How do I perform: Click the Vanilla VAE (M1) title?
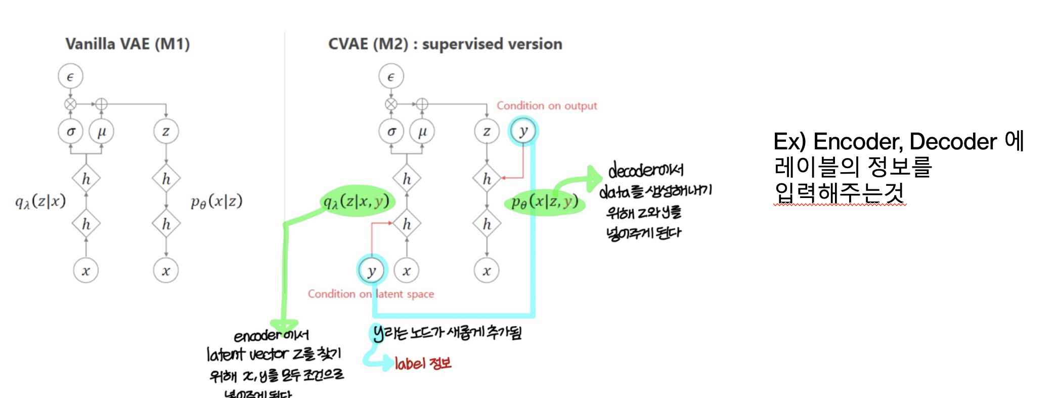pos(127,44)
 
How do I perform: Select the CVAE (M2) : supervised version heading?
pos(445,44)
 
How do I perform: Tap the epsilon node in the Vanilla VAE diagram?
pos(70,76)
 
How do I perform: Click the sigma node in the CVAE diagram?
pos(391,132)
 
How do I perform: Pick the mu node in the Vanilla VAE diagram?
pos(102,132)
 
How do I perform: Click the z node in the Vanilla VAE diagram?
pos(166,132)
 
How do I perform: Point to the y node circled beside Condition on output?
pos(523,131)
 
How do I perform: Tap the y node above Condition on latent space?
pos(372,271)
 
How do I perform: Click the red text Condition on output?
pos(547,106)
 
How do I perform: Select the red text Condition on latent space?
pos(371,294)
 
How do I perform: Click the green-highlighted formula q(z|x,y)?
pos(357,201)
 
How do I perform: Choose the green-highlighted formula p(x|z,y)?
pos(545,202)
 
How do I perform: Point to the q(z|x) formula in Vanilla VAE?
pos(40,201)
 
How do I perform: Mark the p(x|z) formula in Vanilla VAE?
pos(216,202)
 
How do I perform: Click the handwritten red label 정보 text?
pos(423,363)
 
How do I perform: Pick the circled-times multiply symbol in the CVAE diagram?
pos(391,104)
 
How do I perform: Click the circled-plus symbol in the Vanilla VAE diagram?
pos(102,104)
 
